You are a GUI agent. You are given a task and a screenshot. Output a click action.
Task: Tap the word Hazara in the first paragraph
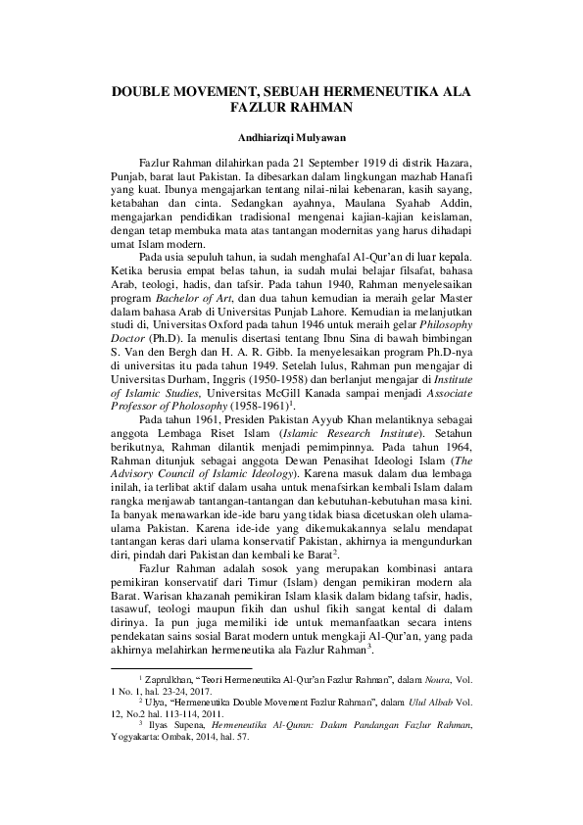[455, 161]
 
